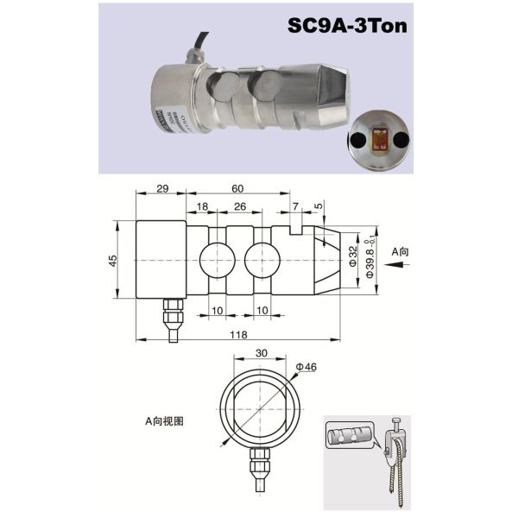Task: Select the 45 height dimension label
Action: tap(114, 261)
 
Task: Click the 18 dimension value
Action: tap(201, 208)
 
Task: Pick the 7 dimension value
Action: tap(294, 208)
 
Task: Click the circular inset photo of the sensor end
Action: tap(377, 141)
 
